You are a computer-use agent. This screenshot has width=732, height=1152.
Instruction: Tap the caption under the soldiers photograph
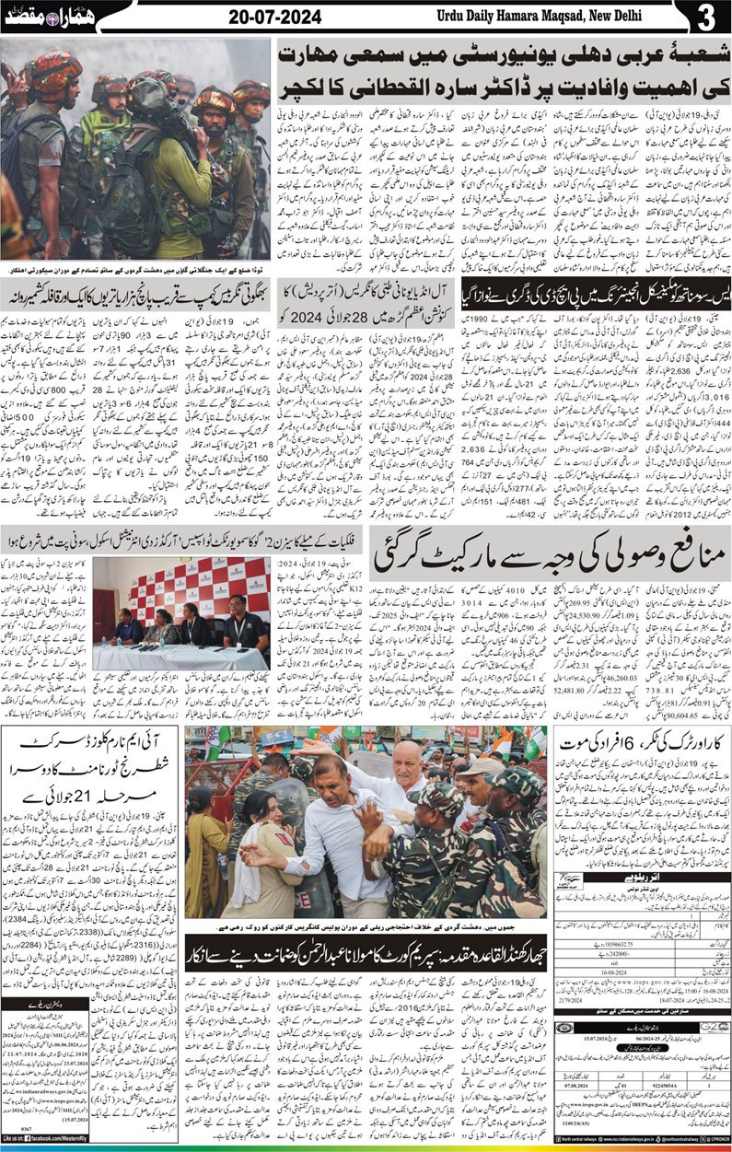pyautogui.click(x=135, y=269)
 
